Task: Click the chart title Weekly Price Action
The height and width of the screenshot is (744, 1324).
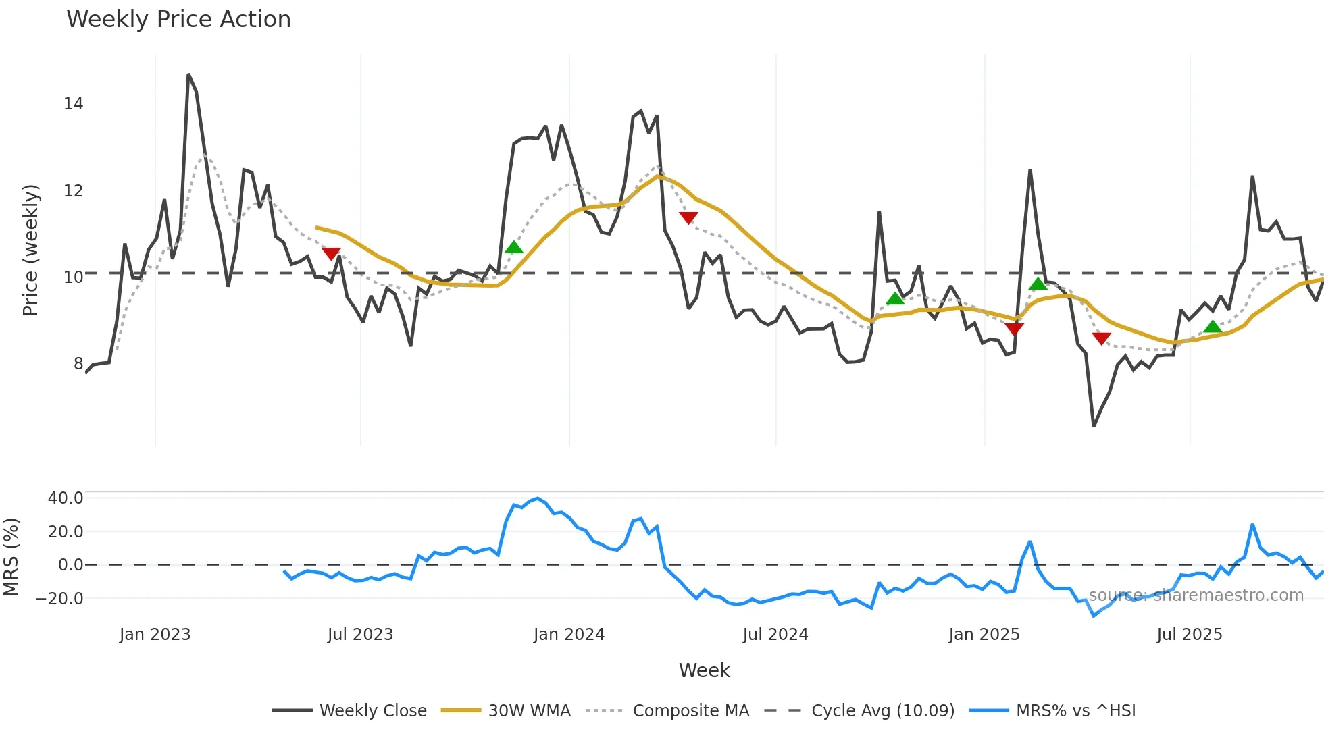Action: [178, 19]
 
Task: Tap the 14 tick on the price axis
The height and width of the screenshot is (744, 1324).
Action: [73, 104]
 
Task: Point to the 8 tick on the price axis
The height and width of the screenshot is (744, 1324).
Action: [78, 363]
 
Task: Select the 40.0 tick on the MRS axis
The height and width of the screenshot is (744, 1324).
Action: [66, 498]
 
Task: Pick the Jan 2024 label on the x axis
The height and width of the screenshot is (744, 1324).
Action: [569, 635]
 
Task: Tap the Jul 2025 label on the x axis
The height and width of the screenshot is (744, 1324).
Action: [1189, 635]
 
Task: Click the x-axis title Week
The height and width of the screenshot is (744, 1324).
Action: [704, 670]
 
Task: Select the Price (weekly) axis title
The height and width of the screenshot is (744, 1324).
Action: [30, 250]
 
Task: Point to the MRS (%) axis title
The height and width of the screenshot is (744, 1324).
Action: [11, 557]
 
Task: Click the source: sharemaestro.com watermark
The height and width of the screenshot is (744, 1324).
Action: [1196, 595]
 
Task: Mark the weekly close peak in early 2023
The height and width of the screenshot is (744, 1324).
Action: [188, 75]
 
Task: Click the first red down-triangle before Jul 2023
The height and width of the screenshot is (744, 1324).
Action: [331, 254]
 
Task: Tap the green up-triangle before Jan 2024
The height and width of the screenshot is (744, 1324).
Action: [514, 247]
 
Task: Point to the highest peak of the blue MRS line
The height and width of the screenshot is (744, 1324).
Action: [538, 499]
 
